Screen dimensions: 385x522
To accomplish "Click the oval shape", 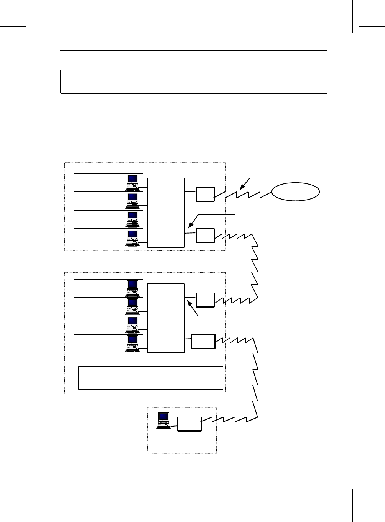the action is coord(295,191).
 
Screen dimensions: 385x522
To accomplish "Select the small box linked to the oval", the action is coord(205,194).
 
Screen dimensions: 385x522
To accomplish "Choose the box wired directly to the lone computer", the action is coord(189,424).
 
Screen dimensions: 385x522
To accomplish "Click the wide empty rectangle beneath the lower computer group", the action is coord(150,378).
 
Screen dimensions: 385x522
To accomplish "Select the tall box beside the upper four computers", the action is coord(166,213).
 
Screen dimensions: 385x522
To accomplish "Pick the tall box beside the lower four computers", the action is coord(166,318).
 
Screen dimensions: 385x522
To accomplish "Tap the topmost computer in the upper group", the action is coord(133,183).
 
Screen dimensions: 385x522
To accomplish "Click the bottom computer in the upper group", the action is coord(133,238).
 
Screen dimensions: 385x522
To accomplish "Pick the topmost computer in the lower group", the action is coord(133,288).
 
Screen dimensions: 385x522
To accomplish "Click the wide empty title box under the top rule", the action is coord(194,82).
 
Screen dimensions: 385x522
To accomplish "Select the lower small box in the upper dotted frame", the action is coord(205,236).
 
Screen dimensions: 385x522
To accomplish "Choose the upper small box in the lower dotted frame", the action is coord(205,300).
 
